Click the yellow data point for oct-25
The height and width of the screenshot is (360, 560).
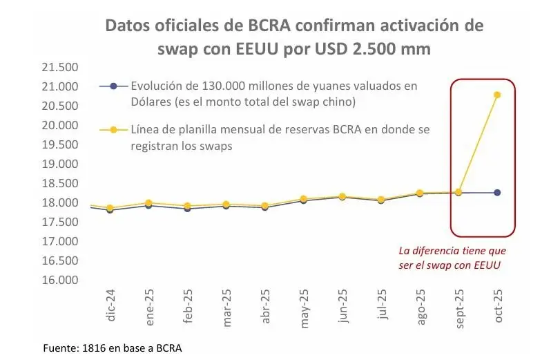point(497,95)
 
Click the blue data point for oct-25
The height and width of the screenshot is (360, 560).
point(497,193)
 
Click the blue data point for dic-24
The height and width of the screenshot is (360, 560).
point(110,210)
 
